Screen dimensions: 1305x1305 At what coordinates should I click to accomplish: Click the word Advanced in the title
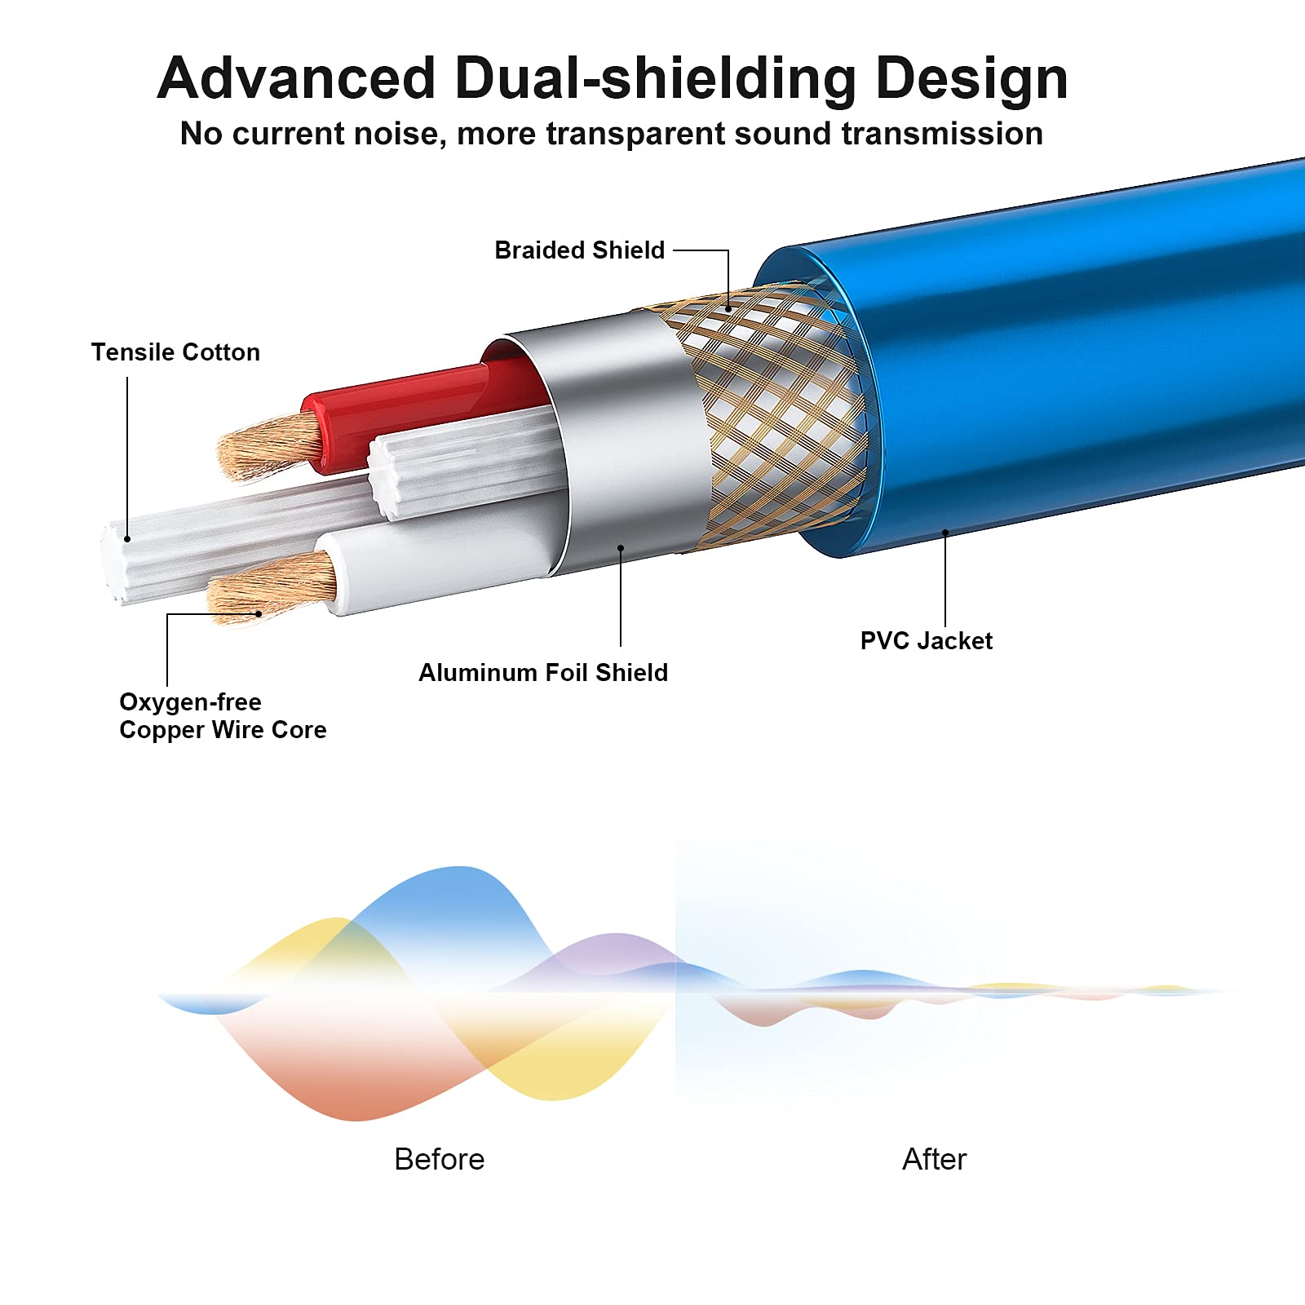(296, 78)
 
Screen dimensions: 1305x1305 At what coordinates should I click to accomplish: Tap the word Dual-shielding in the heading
(655, 80)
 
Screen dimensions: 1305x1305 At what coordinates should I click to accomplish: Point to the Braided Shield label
(580, 250)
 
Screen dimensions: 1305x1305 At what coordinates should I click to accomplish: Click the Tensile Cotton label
(175, 352)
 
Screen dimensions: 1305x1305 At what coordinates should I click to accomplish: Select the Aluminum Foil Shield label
(543, 672)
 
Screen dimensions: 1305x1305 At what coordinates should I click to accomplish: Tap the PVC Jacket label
(927, 640)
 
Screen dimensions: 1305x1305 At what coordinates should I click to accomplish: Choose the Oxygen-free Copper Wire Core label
(223, 715)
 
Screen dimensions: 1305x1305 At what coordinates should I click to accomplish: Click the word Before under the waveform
(440, 1159)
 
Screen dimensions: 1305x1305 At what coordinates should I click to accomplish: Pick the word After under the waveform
(934, 1159)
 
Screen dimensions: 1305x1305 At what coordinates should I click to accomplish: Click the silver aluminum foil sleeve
(620, 440)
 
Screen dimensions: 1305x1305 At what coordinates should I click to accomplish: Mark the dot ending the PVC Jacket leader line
(945, 533)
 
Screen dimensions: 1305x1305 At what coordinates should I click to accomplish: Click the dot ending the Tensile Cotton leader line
(127, 539)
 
